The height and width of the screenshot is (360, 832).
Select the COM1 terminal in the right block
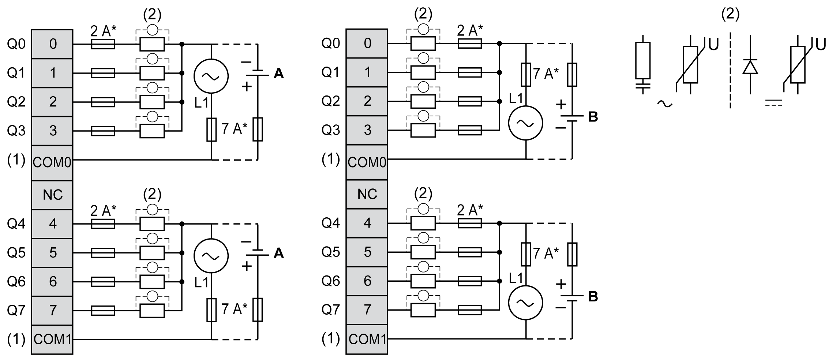[x=367, y=339]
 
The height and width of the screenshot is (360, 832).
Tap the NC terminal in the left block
[x=52, y=195]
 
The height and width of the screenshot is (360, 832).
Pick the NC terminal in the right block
[x=367, y=194]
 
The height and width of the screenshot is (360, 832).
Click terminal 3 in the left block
[x=52, y=131]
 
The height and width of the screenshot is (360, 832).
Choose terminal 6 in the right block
[x=367, y=281]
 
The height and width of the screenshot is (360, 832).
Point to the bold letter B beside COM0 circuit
[x=593, y=117]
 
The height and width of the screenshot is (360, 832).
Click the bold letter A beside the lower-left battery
[x=278, y=253]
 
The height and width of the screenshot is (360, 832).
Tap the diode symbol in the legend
[x=750, y=67]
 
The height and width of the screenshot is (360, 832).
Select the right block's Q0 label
[x=331, y=44]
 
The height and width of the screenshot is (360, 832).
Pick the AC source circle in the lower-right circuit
[x=526, y=303]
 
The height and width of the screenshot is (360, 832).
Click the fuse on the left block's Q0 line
[x=103, y=44]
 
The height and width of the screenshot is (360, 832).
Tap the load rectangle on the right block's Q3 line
[x=423, y=130]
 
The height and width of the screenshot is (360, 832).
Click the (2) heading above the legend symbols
[x=730, y=15]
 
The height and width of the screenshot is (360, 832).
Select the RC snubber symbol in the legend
[x=643, y=66]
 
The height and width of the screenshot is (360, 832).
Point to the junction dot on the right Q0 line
[x=499, y=44]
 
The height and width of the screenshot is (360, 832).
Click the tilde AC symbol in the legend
[x=665, y=104]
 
